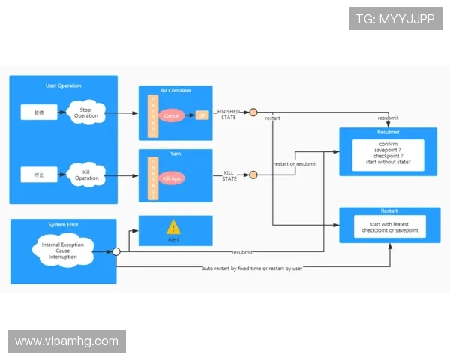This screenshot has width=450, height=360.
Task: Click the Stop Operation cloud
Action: coord(86,112)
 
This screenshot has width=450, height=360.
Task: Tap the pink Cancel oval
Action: coord(172,116)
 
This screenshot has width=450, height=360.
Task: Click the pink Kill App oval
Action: coord(172,179)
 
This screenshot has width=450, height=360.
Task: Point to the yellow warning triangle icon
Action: coord(173,226)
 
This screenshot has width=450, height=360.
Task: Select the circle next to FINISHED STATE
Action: coord(253,112)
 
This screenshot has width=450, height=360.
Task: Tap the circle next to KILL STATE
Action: coord(253,175)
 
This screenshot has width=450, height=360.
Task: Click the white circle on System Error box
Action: coord(116,252)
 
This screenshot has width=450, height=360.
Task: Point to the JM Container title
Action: coord(175,91)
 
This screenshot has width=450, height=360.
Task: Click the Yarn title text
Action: coord(175,154)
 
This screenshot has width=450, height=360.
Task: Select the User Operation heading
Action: coord(64,85)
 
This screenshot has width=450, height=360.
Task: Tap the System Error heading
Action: coord(63,224)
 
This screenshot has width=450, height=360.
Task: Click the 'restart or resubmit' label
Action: coord(295,164)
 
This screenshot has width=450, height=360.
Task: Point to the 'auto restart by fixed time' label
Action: coord(253,268)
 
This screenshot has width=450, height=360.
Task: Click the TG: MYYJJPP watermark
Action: coord(394,19)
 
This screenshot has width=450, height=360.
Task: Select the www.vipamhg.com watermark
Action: coord(67,341)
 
